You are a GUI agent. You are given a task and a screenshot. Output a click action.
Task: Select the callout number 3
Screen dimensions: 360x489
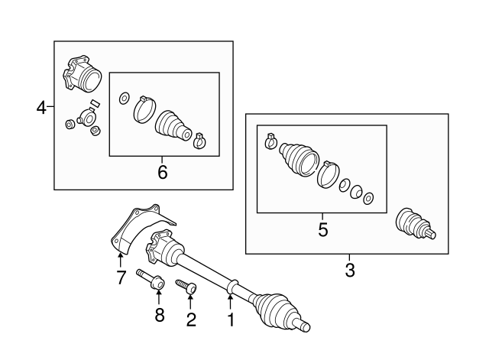(x=350, y=270)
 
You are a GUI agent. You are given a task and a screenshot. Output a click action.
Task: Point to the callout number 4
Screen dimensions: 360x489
(x=41, y=109)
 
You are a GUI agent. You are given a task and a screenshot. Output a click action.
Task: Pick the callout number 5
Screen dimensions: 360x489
(x=322, y=229)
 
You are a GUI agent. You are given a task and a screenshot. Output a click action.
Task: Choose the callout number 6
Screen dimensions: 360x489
(x=162, y=172)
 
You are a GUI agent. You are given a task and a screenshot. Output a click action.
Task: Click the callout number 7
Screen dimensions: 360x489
(x=121, y=277)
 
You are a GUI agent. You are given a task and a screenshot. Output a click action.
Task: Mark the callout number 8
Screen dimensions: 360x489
(x=160, y=314)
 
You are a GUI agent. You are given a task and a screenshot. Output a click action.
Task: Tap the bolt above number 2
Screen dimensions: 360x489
(x=187, y=287)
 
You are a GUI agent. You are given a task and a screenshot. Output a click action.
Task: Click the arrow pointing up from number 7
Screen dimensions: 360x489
(x=121, y=262)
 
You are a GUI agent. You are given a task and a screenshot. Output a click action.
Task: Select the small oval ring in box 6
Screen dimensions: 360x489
(x=123, y=99)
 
